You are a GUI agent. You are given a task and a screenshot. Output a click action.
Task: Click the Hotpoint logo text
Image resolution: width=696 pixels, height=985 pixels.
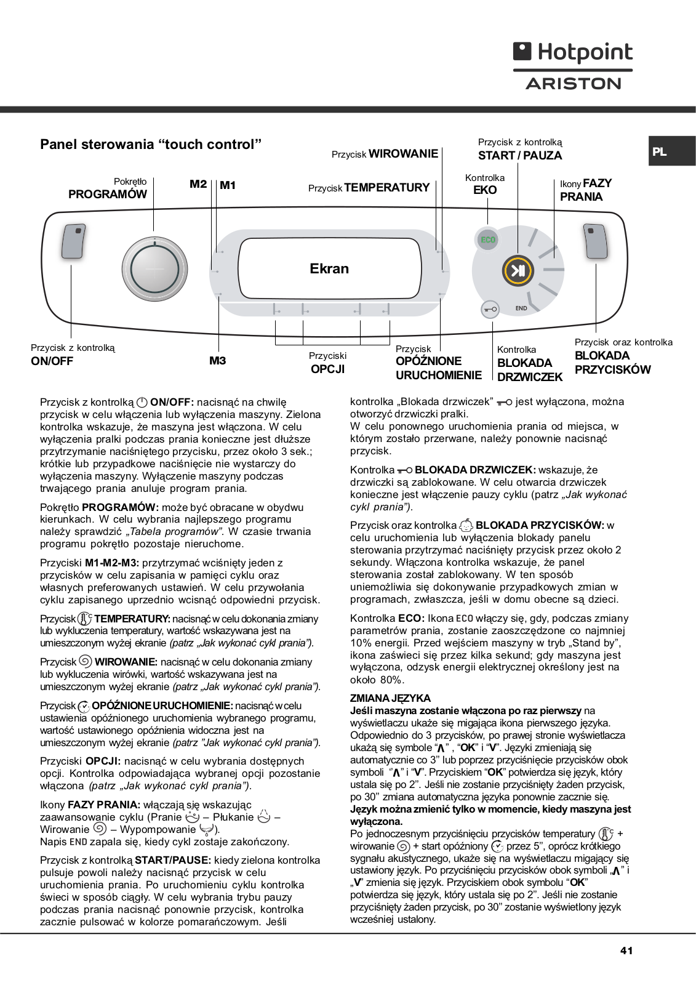[584, 52]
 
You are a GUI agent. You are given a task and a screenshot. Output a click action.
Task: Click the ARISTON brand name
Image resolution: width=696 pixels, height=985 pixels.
[573, 84]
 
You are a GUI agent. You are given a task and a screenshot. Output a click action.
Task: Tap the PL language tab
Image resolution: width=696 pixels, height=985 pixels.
[660, 151]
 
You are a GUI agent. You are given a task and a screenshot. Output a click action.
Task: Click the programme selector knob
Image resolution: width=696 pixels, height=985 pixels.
[154, 269]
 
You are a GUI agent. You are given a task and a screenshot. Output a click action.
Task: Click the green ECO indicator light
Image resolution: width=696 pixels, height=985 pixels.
[487, 239]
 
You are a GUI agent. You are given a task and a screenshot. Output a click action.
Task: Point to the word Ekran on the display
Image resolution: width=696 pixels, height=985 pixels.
[329, 268]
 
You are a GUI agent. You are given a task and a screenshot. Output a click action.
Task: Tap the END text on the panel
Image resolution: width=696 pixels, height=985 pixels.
[521, 308]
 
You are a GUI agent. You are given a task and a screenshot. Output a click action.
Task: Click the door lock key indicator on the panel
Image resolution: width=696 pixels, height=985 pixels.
[490, 309]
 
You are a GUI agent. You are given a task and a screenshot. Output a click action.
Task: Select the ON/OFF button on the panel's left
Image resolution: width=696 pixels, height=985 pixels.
[74, 241]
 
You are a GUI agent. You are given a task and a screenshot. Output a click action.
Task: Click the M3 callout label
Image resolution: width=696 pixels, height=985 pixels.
[218, 361]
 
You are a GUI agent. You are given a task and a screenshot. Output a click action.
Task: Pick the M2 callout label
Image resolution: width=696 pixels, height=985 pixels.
[198, 184]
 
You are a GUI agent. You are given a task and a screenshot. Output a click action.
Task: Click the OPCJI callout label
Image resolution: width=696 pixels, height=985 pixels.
[328, 369]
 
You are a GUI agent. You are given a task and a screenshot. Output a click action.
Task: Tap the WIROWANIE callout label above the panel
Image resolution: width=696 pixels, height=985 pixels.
[403, 153]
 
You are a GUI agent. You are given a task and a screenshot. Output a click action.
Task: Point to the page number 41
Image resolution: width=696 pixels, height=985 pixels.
[626, 951]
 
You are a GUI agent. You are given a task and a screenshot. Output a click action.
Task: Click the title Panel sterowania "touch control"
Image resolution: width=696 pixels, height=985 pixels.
[151, 144]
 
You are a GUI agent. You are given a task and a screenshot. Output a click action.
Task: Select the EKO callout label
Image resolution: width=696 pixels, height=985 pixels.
[485, 190]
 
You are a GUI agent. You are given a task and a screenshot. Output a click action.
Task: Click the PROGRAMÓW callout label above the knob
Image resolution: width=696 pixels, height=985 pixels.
[108, 194]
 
